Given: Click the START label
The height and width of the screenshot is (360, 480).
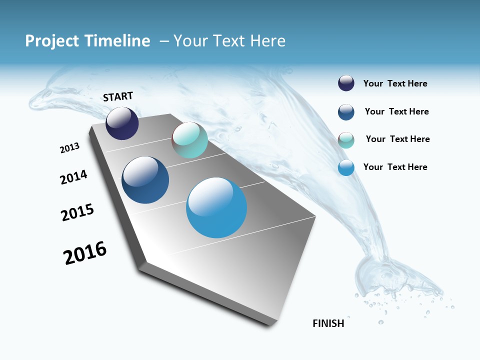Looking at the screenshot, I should [118, 96].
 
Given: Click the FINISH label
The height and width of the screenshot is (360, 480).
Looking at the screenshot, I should [328, 323].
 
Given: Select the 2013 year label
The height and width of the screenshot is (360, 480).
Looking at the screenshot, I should [69, 147].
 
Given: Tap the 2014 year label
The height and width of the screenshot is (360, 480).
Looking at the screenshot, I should [73, 177].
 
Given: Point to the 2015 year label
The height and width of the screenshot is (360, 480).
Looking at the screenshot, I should [77, 212].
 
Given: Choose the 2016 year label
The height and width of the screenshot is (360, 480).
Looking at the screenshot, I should [85, 253].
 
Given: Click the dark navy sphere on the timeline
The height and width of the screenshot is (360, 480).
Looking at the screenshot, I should [122, 123].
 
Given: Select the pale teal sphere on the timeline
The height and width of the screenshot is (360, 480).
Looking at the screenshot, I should [189, 140].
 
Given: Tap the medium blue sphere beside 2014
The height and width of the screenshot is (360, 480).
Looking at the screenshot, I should [145, 180].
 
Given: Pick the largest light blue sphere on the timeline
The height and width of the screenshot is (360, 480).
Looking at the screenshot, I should [216, 207].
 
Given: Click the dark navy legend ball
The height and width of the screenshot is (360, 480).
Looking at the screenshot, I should [346, 83].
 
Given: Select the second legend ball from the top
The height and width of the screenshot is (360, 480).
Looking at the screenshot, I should [346, 112].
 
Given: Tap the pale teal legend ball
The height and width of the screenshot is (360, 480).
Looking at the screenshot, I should [346, 140].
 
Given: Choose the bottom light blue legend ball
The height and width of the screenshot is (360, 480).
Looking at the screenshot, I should [346, 168].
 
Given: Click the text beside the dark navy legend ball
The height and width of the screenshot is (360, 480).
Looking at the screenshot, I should [395, 84].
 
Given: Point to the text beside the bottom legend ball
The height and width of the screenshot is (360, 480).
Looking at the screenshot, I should [395, 167].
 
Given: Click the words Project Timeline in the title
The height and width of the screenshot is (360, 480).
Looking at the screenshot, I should [87, 41].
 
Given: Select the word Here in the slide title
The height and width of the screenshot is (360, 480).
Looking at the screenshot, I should [267, 41].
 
